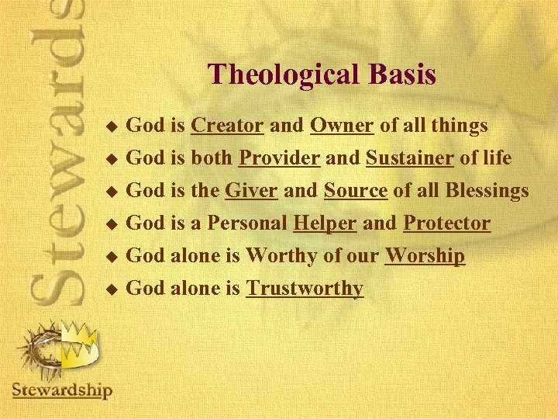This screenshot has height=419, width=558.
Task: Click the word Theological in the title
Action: point(282,74)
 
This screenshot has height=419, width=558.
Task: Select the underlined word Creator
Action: point(228,125)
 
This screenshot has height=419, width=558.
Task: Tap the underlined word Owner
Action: point(343,125)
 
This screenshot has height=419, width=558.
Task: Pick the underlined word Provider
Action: point(279,158)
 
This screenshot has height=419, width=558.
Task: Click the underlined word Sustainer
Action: point(410,158)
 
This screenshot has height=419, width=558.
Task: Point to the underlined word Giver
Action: point(251,191)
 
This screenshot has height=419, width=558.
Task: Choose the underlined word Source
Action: point(355,191)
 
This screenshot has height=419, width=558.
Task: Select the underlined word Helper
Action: point(325,223)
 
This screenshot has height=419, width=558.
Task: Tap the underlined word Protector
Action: point(446,223)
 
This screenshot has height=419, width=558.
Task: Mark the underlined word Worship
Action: point(425,256)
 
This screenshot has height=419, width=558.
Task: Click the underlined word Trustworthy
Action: point(305,289)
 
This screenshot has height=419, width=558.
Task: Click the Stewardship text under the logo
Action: point(62,390)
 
